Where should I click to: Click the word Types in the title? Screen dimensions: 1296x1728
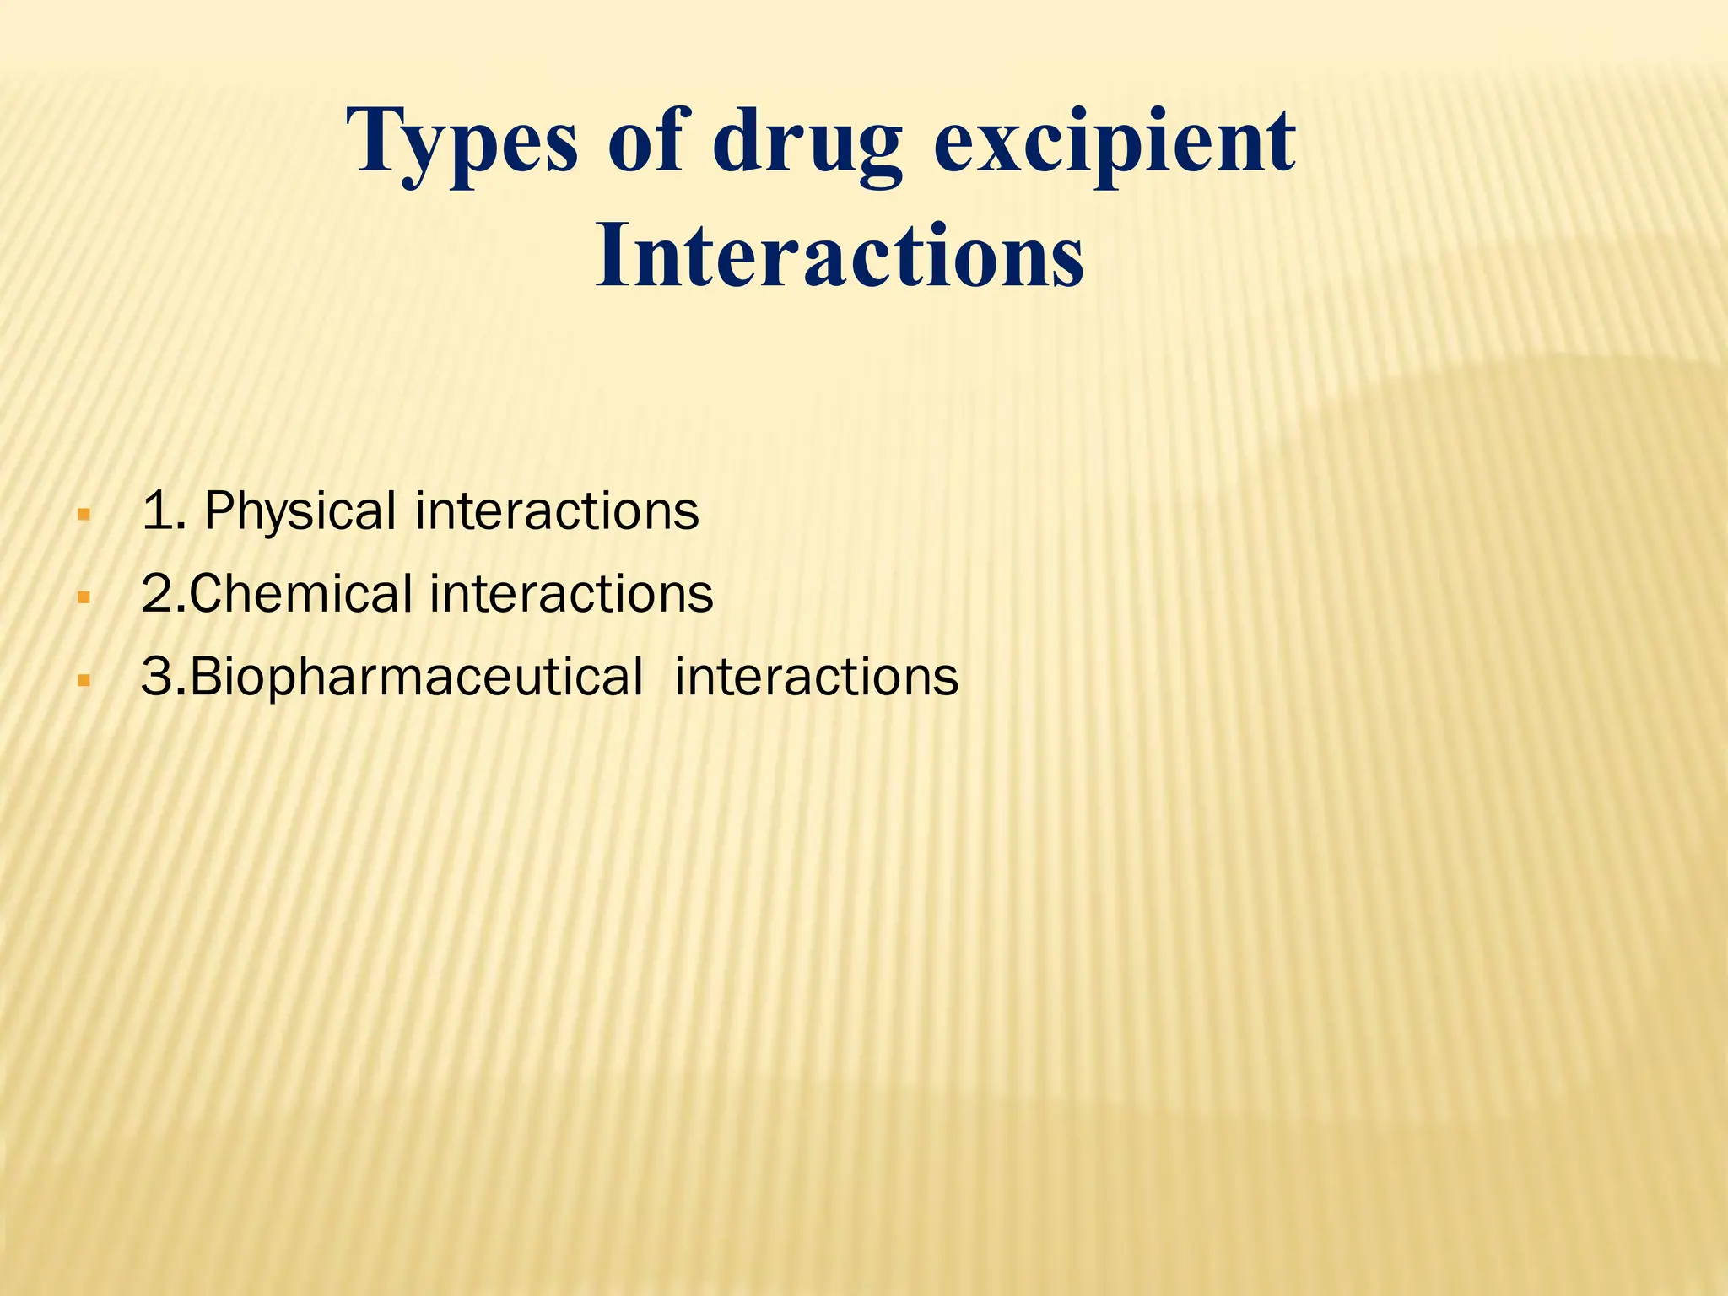click(x=462, y=142)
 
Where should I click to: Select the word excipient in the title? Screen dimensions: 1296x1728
click(x=1114, y=142)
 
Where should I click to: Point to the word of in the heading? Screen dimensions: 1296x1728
click(x=645, y=142)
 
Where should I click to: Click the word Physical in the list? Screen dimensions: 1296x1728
click(x=300, y=511)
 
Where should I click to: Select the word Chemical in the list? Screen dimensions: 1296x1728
click(x=301, y=593)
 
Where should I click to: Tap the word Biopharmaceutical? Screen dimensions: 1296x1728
click(x=417, y=677)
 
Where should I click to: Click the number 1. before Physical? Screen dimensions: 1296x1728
click(x=164, y=511)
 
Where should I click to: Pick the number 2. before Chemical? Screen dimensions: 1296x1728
click(x=164, y=593)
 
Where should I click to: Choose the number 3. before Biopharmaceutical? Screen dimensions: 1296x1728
click(x=164, y=677)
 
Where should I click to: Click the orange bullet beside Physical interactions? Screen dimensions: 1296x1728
click(x=83, y=514)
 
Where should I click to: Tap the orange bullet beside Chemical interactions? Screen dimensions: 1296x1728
click(x=83, y=597)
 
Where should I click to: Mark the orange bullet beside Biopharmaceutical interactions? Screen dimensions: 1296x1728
click(x=83, y=679)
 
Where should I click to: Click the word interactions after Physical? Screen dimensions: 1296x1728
click(x=557, y=511)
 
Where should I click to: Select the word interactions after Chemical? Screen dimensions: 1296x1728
click(x=572, y=593)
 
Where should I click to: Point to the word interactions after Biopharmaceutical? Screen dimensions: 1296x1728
click(x=816, y=677)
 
